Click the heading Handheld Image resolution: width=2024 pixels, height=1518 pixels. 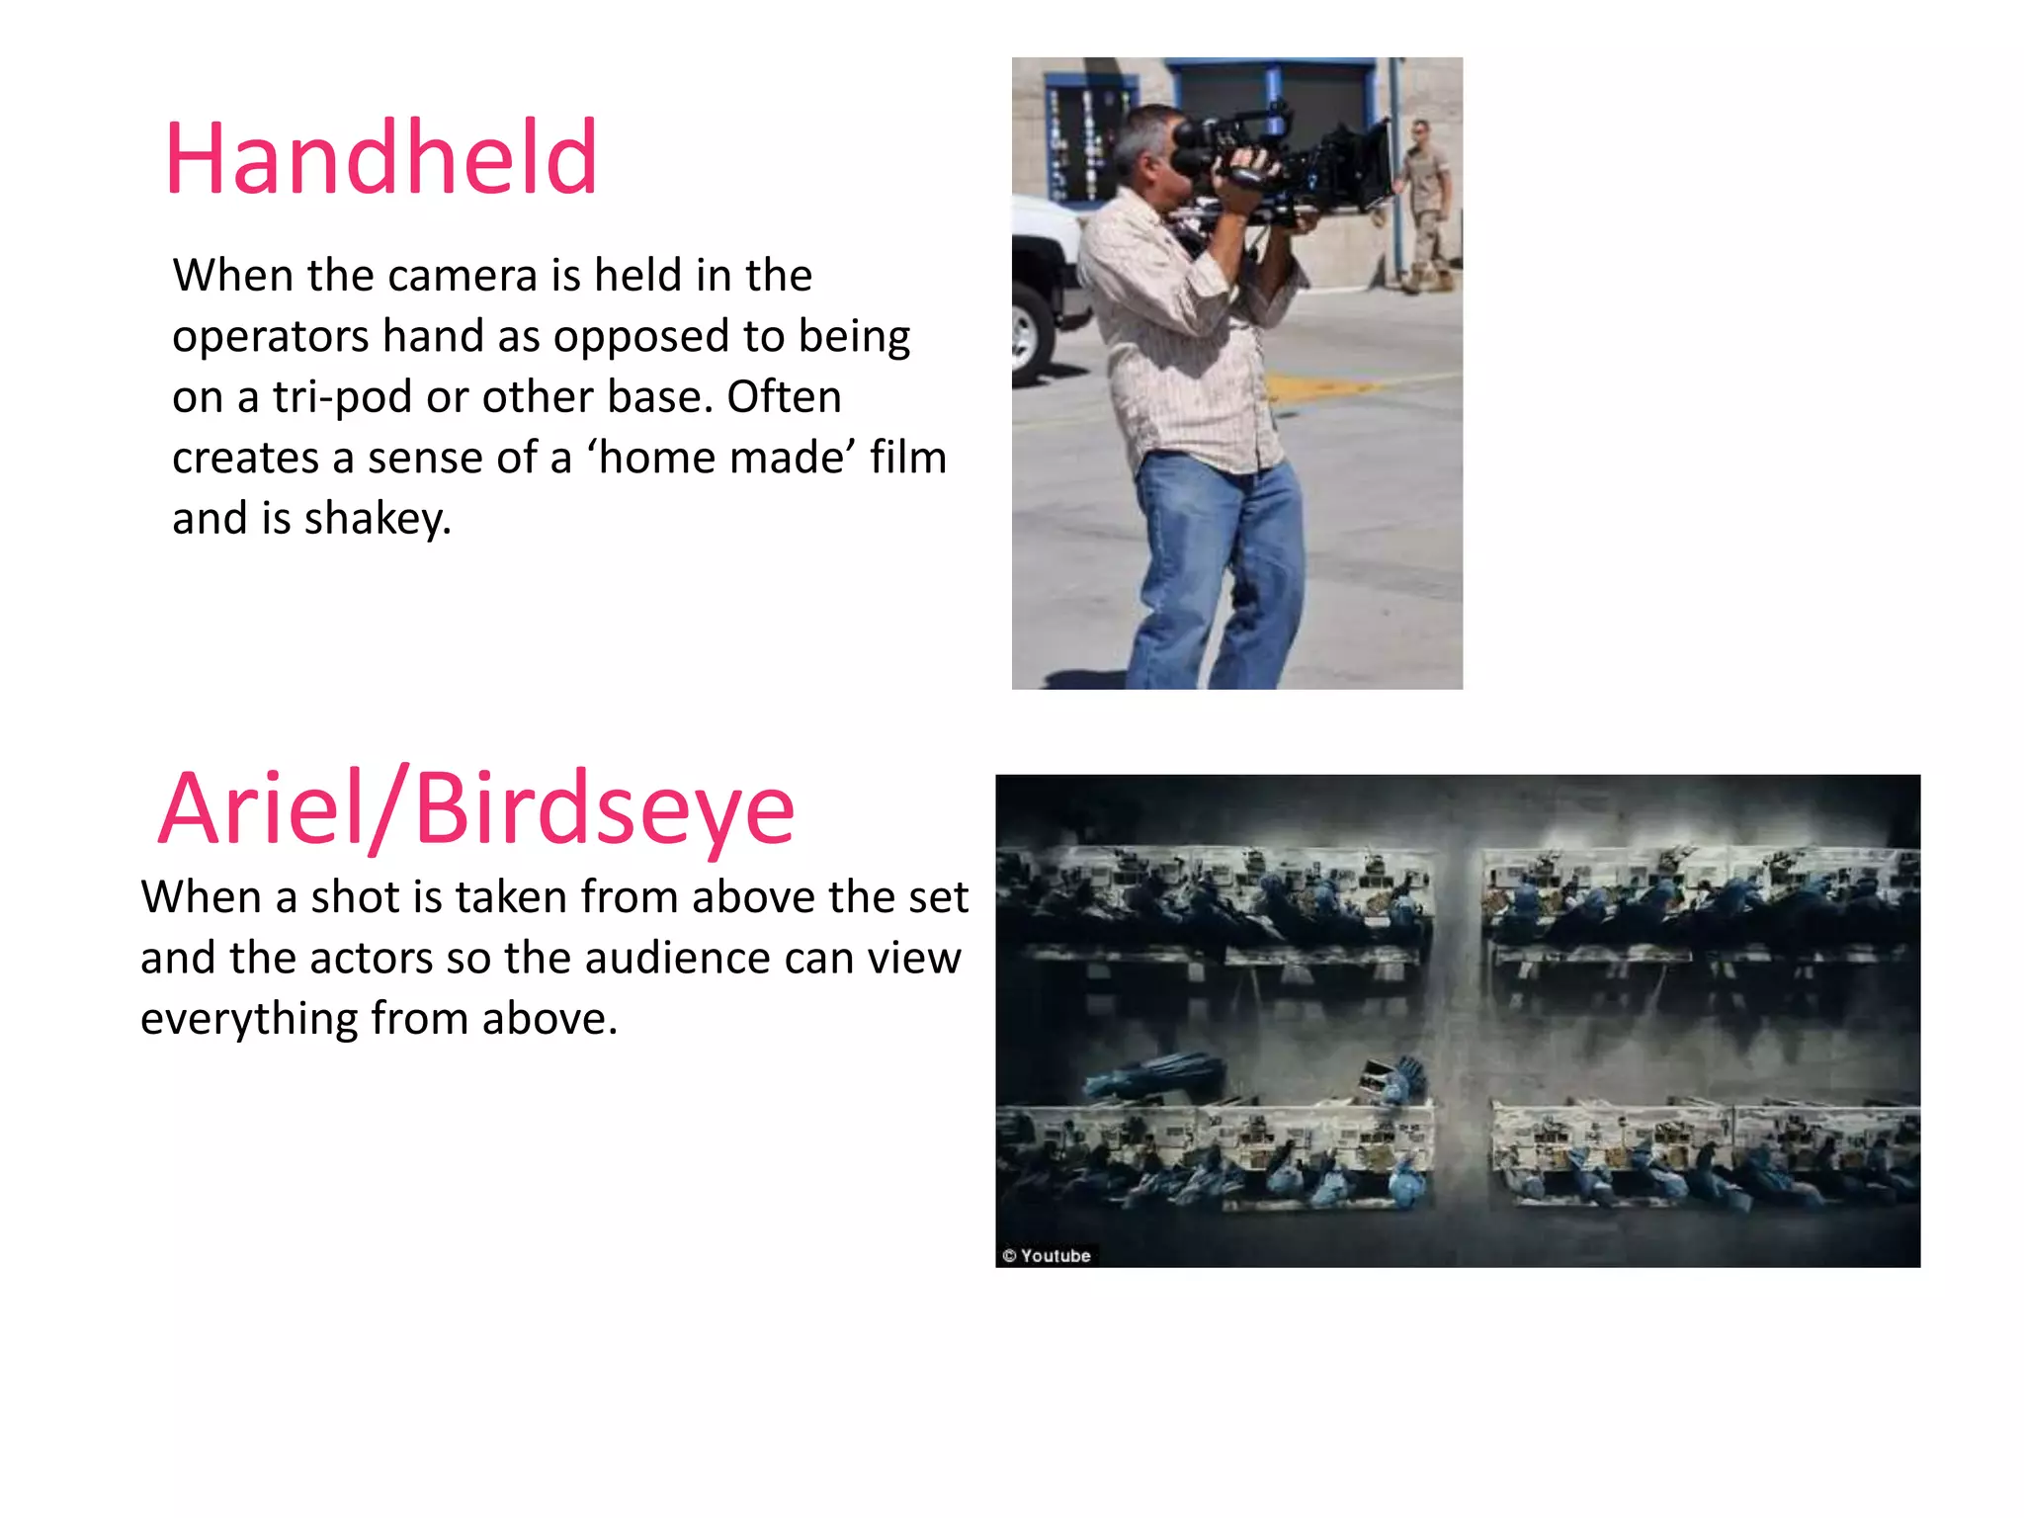point(381,158)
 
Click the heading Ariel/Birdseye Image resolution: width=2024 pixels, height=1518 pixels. point(476,809)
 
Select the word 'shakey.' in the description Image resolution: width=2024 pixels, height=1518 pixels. point(378,519)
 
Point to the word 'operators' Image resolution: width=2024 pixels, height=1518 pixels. point(271,337)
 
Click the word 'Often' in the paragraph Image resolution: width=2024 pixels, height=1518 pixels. point(784,397)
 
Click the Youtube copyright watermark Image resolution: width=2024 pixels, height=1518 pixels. point(1047,1256)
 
